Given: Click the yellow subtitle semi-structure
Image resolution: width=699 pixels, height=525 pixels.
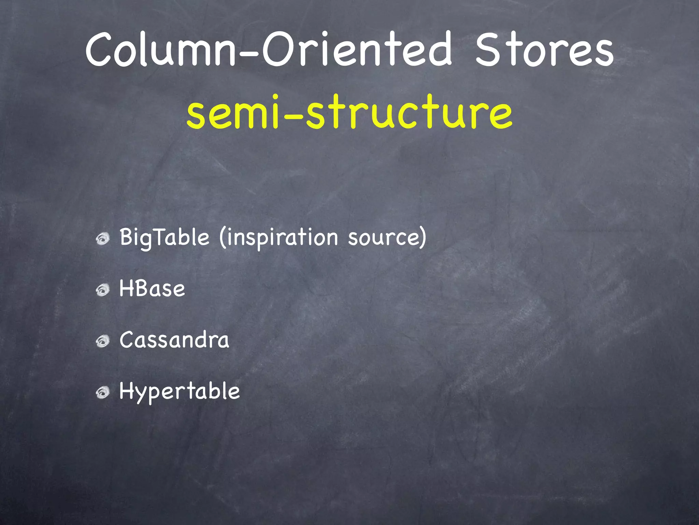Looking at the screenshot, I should tap(349, 112).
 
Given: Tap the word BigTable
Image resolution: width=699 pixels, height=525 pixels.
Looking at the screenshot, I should tap(164, 237).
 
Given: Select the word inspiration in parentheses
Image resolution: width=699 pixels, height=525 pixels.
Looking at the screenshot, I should tap(282, 237).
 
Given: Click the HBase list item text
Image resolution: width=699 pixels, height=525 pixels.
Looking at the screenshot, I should tap(152, 289).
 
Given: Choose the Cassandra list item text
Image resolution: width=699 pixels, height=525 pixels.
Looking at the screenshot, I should tap(174, 340).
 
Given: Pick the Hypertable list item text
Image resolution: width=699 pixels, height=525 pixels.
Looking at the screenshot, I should tap(180, 391).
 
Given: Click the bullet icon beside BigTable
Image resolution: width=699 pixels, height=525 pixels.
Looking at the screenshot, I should tap(102, 239).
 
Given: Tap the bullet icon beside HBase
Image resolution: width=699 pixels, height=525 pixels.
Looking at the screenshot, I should tap(102, 290).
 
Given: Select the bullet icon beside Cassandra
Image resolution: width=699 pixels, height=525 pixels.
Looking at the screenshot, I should tap(102, 341).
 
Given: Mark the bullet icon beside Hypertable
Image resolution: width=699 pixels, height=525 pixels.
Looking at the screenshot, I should tap(102, 392).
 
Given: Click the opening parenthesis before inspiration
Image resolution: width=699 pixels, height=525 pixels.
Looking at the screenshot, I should tap(223, 237).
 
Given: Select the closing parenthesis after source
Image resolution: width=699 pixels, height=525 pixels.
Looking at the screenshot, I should tap(423, 237).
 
